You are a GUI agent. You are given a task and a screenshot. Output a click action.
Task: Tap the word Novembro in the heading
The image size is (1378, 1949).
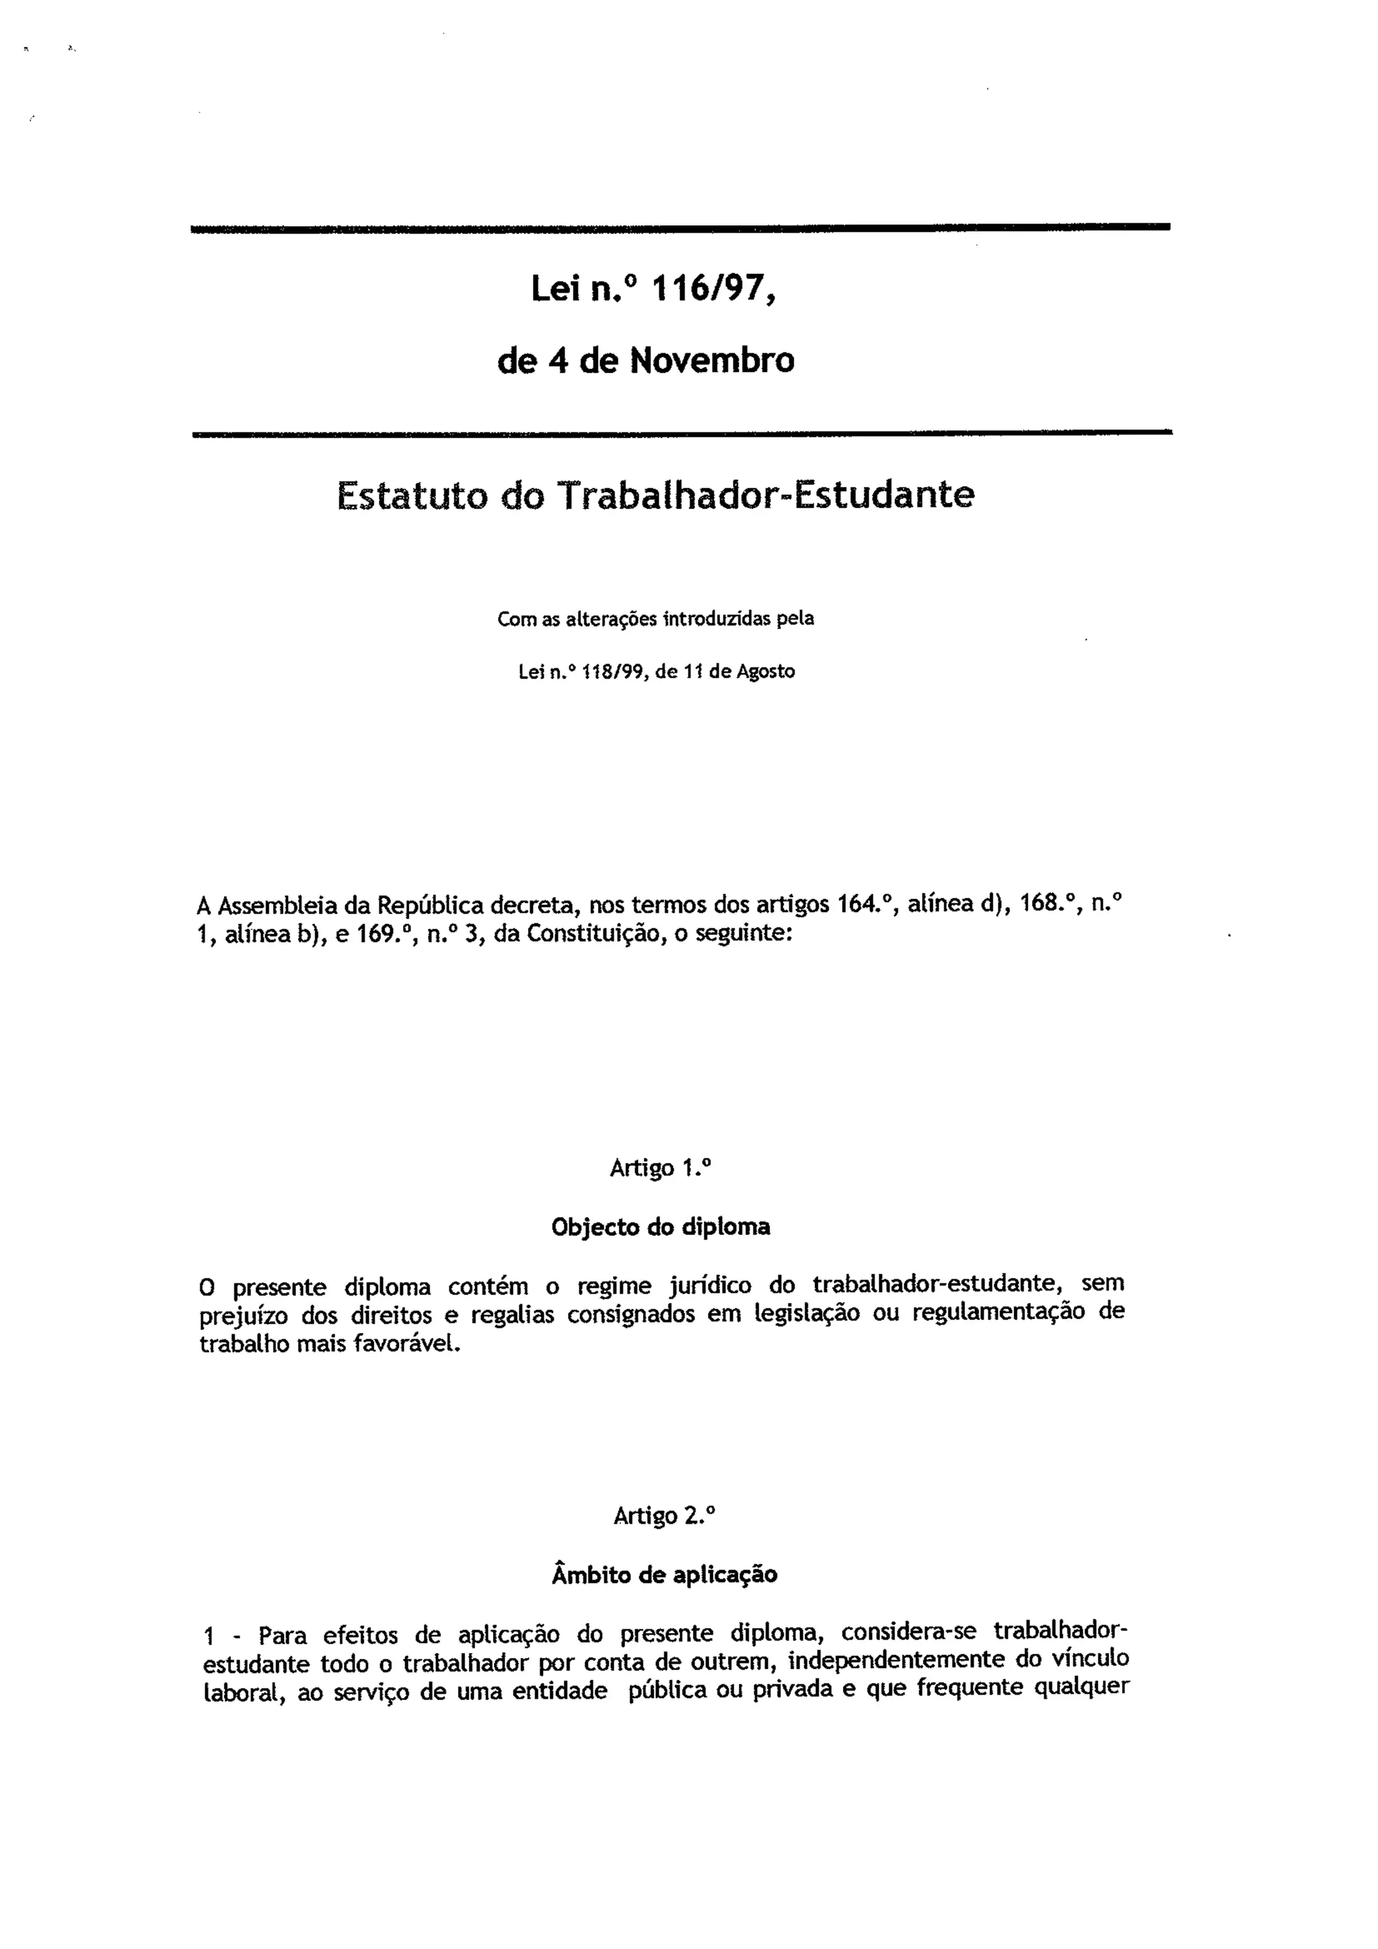click(x=712, y=361)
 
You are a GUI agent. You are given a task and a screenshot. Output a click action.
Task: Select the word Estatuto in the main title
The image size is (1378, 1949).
click(x=412, y=495)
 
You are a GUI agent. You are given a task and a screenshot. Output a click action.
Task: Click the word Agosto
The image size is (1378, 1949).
click(x=766, y=673)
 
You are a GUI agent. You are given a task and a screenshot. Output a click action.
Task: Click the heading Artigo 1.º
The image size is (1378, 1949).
click(x=660, y=1169)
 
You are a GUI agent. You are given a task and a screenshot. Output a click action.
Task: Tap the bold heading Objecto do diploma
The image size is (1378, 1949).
click(x=661, y=1227)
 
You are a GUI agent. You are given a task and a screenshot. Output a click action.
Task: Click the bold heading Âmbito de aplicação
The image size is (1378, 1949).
click(x=664, y=1575)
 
